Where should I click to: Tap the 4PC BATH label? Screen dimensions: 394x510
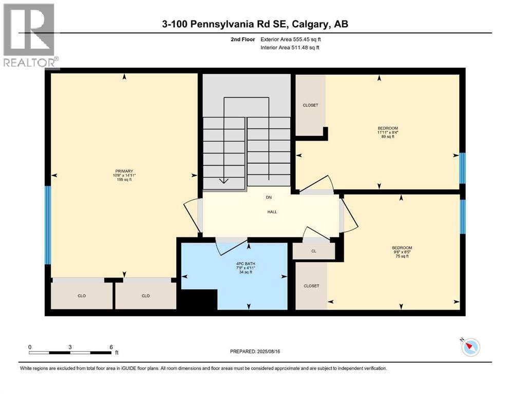pyautogui.click(x=242, y=268)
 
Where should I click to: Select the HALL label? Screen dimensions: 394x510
pyautogui.click(x=272, y=211)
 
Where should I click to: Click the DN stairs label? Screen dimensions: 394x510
pyautogui.click(x=268, y=197)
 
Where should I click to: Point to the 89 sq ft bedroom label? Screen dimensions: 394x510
pyautogui.click(x=388, y=132)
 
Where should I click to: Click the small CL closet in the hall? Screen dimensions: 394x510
pyautogui.click(x=313, y=251)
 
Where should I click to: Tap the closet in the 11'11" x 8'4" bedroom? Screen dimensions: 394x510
pyautogui.click(x=310, y=105)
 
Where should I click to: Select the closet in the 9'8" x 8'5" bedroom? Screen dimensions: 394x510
pyautogui.click(x=311, y=286)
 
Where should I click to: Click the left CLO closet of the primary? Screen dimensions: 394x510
pyautogui.click(x=82, y=295)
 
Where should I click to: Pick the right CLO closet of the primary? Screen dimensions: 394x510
pyautogui.click(x=145, y=295)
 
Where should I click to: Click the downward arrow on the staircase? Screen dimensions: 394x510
pyautogui.click(x=224, y=180)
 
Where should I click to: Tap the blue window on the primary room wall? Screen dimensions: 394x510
pyautogui.click(x=48, y=225)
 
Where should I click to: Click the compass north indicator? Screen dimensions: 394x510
pyautogui.click(x=469, y=347)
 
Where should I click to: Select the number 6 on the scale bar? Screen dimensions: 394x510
pyautogui.click(x=111, y=347)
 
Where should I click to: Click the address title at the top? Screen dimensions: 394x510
pyautogui.click(x=255, y=24)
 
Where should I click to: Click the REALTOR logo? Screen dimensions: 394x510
pyautogui.click(x=30, y=35)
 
